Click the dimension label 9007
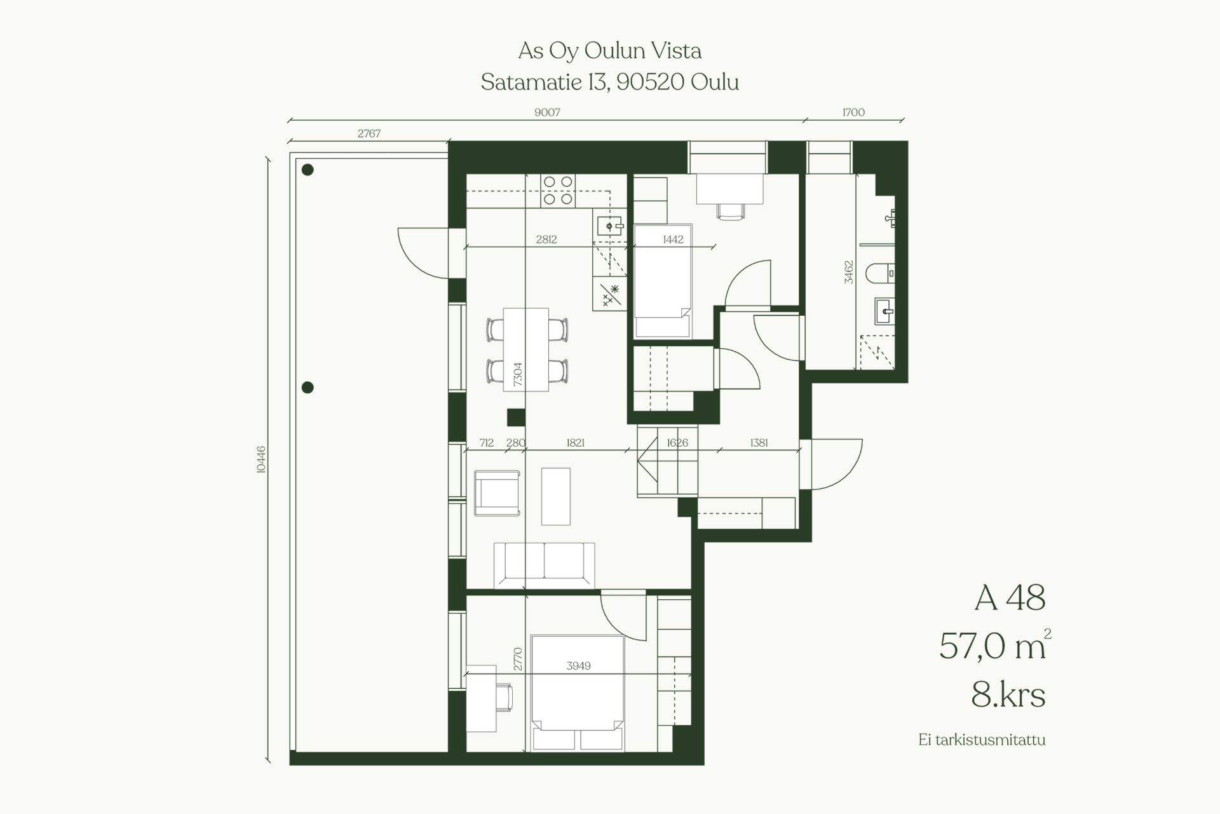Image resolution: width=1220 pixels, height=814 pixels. [x=547, y=112]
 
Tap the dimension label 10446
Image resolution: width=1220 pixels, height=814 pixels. [x=261, y=459]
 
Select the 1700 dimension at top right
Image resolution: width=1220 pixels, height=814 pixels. [x=853, y=112]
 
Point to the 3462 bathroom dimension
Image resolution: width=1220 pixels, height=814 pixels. [x=849, y=272]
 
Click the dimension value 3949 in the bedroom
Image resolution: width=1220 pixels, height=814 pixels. [x=578, y=666]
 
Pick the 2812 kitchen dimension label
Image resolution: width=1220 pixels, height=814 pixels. [x=546, y=240]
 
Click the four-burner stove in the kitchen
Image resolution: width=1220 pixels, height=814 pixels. [x=558, y=191]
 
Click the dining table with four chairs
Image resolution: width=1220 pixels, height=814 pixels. [x=526, y=349]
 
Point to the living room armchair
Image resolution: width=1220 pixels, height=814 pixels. [x=498, y=493]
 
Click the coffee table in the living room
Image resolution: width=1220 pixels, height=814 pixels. [x=556, y=496]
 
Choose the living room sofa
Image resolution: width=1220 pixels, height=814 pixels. [x=545, y=566]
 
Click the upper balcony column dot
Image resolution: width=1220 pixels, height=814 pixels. [x=308, y=170]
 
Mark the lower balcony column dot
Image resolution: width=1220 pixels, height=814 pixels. [x=308, y=388]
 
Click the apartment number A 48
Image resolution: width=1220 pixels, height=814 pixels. [x=1010, y=598]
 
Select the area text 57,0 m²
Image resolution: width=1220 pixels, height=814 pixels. [x=995, y=646]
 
